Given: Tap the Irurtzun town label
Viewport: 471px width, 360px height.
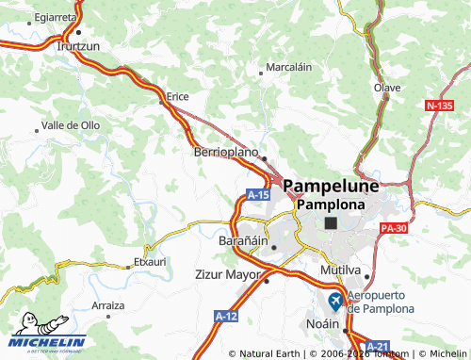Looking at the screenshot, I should tap(80, 44).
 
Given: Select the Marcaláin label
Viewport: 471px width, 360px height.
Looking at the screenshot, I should tap(289, 67).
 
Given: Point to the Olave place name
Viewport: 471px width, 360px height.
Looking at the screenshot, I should tap(388, 88).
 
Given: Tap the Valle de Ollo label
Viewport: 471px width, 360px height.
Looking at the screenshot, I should tap(72, 124).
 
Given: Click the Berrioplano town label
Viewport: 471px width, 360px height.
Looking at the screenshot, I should tap(225, 151).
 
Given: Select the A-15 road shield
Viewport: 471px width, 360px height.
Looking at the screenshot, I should tap(259, 194).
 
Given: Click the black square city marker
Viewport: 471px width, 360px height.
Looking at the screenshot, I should tap(330, 222).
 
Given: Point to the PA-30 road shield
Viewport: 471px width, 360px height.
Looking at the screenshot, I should tap(396, 227).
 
